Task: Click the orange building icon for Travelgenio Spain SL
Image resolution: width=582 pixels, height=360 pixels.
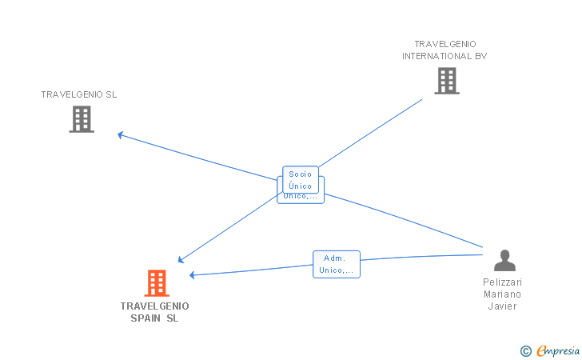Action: [157, 282]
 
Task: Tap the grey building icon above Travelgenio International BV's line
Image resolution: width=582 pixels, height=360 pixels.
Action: [446, 81]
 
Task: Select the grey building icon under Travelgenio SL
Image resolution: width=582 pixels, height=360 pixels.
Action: [81, 119]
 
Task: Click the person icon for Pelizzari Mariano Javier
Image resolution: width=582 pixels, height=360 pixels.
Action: [504, 261]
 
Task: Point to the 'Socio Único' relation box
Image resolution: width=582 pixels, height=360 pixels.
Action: [301, 179]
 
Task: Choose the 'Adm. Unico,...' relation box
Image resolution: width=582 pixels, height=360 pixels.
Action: [336, 264]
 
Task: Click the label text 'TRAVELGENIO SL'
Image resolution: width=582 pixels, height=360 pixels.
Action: [79, 94]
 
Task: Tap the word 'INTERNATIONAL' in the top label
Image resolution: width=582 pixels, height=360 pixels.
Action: [437, 56]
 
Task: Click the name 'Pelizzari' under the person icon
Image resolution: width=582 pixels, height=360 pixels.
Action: [502, 282]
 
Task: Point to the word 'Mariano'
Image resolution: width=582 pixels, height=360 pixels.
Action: [502, 294]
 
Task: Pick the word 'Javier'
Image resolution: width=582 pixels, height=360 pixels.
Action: [502, 306]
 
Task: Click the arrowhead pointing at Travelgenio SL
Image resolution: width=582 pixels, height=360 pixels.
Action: [121, 134]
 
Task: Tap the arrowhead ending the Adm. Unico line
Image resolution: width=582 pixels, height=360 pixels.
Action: [193, 275]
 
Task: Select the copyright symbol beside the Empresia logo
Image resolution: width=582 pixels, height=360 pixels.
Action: [525, 350]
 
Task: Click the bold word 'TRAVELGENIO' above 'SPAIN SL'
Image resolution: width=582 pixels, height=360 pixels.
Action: [155, 306]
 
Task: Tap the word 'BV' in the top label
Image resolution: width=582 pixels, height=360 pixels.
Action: [480, 56]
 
